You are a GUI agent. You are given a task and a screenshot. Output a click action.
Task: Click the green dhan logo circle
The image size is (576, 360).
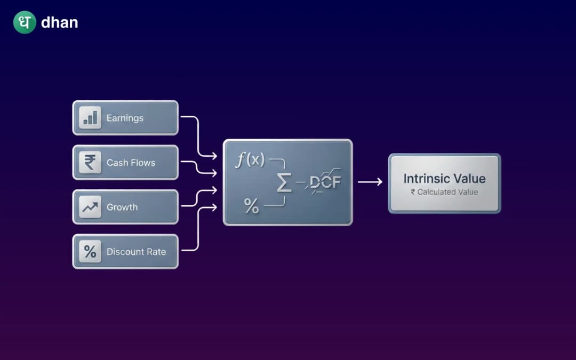tap(25, 22)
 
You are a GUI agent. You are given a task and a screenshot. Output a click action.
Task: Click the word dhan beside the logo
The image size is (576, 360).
tap(59, 23)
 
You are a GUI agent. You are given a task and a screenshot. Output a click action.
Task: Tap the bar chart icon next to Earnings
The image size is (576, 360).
tap(90, 118)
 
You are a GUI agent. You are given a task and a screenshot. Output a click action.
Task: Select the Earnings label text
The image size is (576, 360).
tap(125, 118)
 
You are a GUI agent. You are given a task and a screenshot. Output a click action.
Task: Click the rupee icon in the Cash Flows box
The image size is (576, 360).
tap(90, 162)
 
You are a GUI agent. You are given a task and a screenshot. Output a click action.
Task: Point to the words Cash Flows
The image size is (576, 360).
tap(131, 163)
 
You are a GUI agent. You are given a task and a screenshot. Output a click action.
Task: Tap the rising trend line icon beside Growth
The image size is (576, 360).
tap(90, 207)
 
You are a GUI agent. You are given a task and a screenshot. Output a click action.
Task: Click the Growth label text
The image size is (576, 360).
tap(122, 207)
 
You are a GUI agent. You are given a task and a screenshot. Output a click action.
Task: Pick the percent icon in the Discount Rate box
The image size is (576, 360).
tap(90, 251)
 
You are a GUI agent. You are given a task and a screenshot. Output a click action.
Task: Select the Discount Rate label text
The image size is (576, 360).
tap(136, 252)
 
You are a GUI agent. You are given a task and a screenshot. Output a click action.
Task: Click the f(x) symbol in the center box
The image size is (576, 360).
tap(250, 159)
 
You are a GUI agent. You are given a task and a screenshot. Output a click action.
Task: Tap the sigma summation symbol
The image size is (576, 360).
tap(284, 183)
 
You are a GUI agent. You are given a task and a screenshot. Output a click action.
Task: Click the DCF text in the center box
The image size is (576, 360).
tap(325, 182)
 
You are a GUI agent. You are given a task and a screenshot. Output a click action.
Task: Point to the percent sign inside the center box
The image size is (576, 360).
tap(251, 206)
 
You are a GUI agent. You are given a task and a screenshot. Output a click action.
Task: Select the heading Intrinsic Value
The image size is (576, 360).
tap(444, 179)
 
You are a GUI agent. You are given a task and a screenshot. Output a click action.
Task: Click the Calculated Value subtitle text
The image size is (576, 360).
tap(444, 192)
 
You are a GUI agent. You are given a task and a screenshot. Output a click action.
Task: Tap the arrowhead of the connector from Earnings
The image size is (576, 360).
tap(214, 156)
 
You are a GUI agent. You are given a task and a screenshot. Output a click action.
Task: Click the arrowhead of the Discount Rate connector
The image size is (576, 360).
tap(214, 207)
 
